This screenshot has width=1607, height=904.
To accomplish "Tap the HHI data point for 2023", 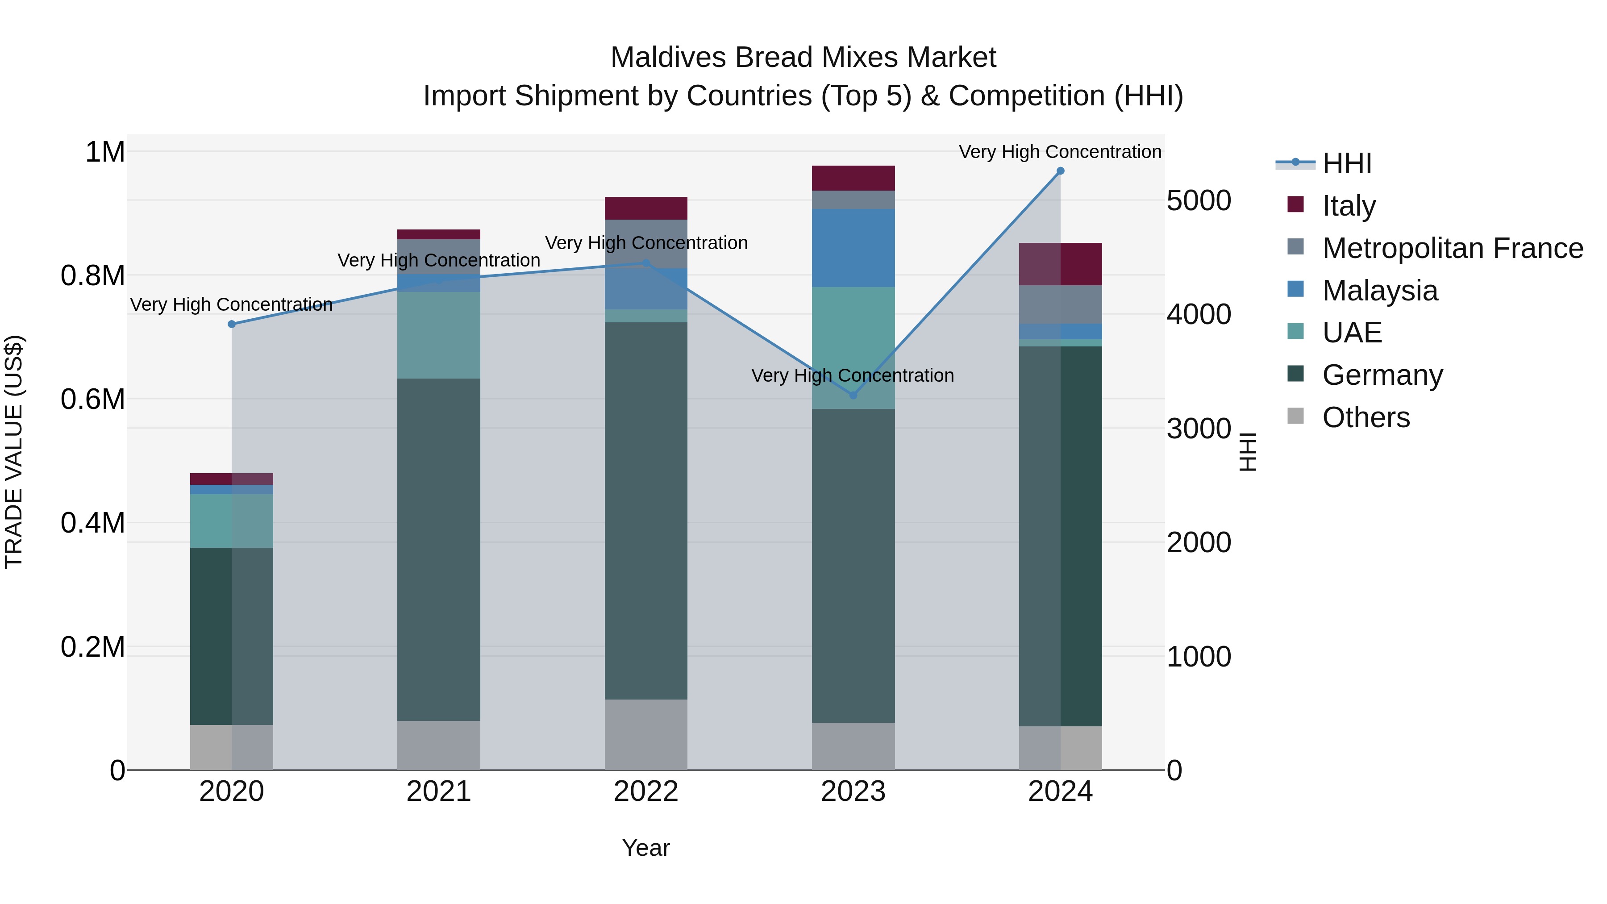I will pos(853,396).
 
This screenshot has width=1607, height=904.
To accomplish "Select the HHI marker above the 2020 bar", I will pos(231,324).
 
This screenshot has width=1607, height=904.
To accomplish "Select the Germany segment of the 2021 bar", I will pos(438,549).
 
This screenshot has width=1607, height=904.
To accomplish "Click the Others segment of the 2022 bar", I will pos(645,734).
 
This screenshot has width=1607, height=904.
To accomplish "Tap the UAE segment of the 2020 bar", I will pos(231,521).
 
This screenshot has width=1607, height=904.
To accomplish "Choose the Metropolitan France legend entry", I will pos(1452,248).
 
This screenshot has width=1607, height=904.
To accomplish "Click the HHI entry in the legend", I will pos(1346,163).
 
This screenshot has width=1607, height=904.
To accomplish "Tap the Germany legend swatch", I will pos(1296,375).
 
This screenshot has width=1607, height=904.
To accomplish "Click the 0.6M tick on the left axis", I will pos(92,399).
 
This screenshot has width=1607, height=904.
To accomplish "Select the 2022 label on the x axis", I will pos(645,792).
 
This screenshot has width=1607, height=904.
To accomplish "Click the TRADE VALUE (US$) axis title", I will pos(14,452).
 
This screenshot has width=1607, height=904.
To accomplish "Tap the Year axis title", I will pos(645,848).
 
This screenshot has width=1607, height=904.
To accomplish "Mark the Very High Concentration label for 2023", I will pos(852,375).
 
